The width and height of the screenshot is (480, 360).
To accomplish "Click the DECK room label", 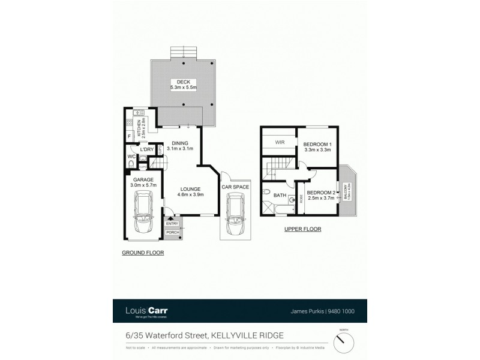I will coord(179,82).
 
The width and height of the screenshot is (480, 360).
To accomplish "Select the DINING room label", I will coord(179,142).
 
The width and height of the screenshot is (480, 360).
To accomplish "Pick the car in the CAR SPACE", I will coord(234,220).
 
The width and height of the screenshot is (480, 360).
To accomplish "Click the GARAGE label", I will coord(143,179).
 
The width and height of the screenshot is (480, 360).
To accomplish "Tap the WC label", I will coord(131,157).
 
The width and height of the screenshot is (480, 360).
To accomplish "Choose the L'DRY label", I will coord(147,149).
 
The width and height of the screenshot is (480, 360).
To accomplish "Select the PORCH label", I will coord(172,232).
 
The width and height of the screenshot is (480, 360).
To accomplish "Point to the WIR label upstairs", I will coord(280,143).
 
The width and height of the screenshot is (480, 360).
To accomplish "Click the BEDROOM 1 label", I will coord(317,145).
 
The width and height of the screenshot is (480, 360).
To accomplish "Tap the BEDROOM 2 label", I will coord(321,193).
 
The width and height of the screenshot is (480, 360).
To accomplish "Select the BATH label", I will coord(280,195).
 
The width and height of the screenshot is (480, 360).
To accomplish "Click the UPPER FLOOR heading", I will coord(303,229).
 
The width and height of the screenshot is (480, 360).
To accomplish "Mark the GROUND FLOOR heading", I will coord(143,253).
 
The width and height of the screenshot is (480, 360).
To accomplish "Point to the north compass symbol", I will coord(344,342).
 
